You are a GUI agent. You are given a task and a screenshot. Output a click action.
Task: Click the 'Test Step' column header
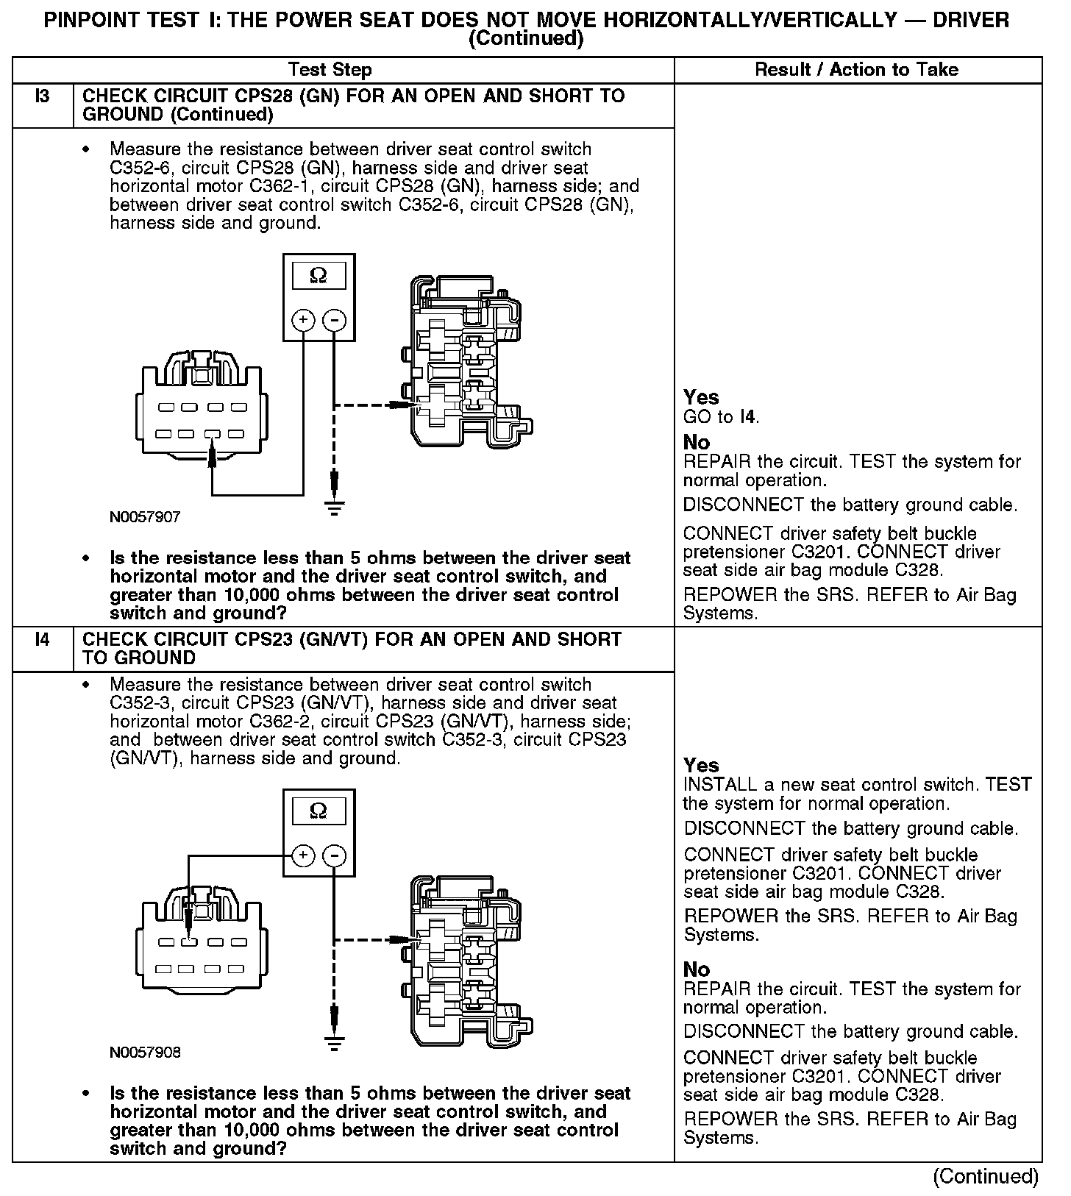click(x=330, y=70)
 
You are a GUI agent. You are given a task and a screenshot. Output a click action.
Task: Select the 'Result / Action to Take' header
click(x=856, y=70)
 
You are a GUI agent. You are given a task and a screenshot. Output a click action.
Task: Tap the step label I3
click(x=43, y=96)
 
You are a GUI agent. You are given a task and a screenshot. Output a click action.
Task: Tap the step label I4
click(x=43, y=640)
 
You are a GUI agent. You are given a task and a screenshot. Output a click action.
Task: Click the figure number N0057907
click(x=145, y=517)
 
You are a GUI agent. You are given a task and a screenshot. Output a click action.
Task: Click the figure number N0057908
click(x=145, y=1053)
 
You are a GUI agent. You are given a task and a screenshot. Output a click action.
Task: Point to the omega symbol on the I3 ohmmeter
click(x=319, y=276)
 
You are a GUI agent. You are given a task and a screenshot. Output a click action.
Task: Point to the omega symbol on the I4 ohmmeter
click(x=319, y=811)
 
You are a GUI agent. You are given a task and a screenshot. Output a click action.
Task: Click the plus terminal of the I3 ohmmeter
click(x=303, y=320)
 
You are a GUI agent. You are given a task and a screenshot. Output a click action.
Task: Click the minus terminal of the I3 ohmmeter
click(x=335, y=320)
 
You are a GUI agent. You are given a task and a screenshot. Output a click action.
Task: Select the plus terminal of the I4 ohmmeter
click(x=303, y=855)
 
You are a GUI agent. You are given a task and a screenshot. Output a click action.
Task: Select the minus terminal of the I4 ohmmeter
click(x=335, y=855)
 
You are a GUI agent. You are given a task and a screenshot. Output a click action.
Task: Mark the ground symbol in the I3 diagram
click(x=335, y=508)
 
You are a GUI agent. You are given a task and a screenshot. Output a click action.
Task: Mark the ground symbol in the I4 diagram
click(x=335, y=1043)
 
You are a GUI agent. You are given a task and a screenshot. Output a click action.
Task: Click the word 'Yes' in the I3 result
click(x=700, y=398)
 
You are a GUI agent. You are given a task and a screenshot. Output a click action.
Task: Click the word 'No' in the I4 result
click(x=696, y=969)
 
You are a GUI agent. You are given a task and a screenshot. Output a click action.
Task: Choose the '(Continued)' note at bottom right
click(x=985, y=1177)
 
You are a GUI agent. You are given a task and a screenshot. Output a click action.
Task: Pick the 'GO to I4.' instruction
click(x=721, y=418)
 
